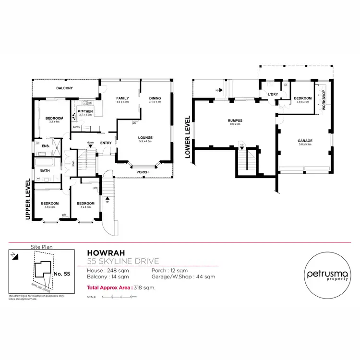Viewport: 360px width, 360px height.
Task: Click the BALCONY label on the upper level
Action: tap(64, 89)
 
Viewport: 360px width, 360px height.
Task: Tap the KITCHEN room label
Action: tap(85, 111)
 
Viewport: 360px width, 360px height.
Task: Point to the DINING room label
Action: tap(155, 98)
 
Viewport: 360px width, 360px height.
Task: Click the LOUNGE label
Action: tap(145, 137)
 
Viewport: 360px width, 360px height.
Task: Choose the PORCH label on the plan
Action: tap(142, 172)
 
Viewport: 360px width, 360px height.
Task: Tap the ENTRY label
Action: tap(106, 143)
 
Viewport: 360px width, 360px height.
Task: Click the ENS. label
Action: tap(46, 146)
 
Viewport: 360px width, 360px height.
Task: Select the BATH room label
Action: tap(45, 170)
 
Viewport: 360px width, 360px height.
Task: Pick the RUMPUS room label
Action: tap(235, 120)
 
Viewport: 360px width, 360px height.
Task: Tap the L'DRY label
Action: tap(273, 95)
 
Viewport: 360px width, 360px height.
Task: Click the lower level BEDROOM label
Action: tap(303, 98)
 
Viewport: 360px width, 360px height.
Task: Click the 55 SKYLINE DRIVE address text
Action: tap(123, 261)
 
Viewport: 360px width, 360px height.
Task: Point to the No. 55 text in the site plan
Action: tap(62, 274)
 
